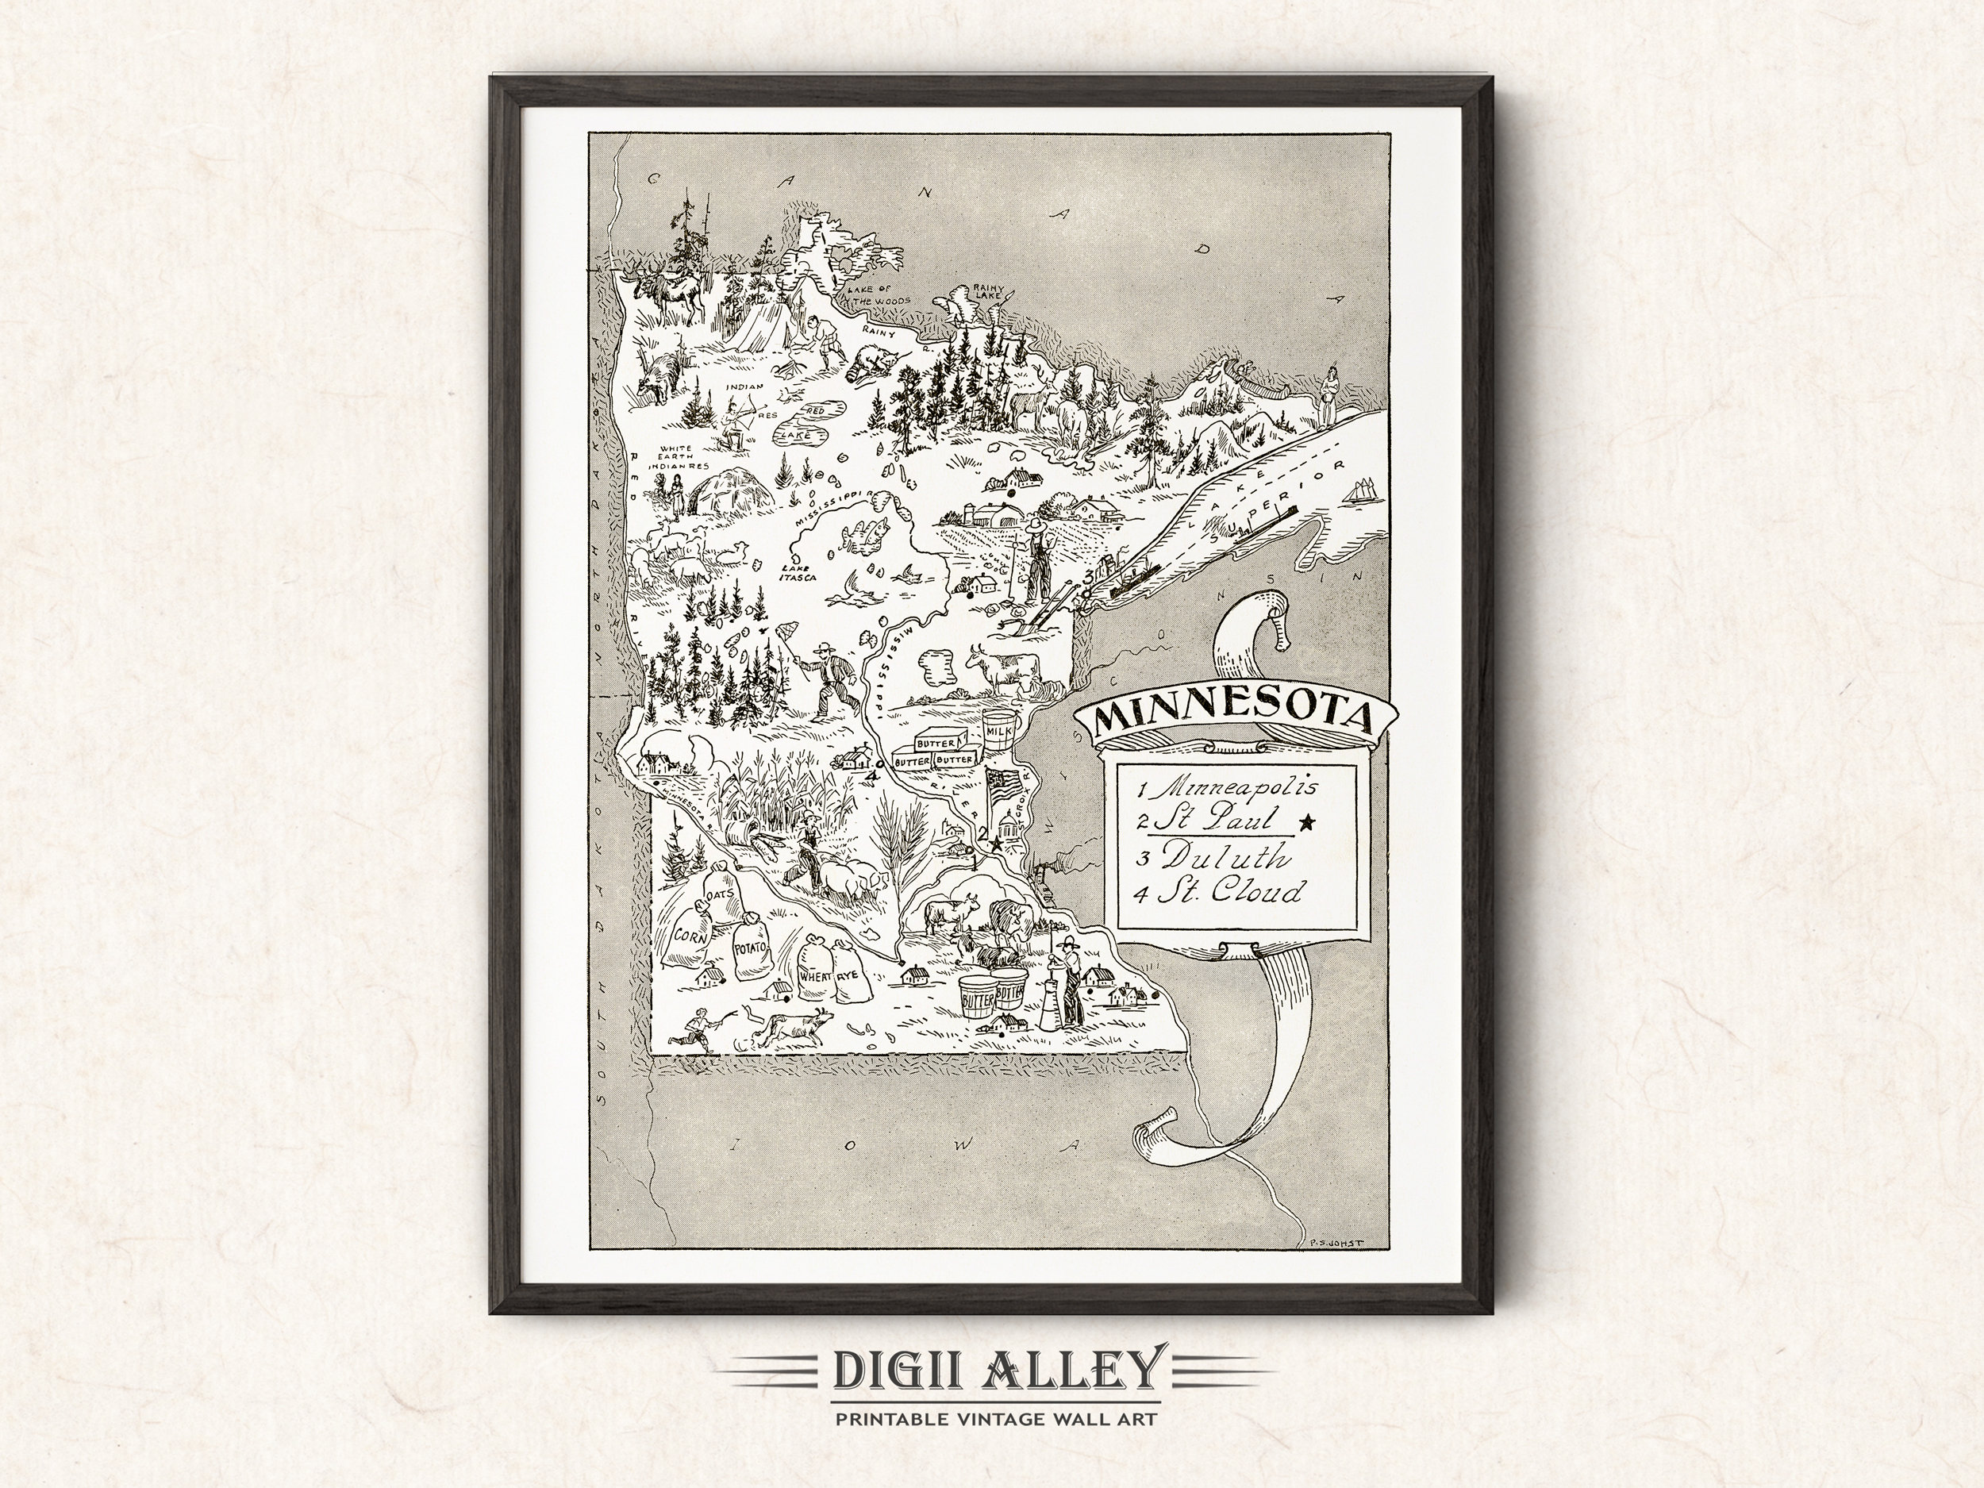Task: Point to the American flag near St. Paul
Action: point(1001,786)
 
